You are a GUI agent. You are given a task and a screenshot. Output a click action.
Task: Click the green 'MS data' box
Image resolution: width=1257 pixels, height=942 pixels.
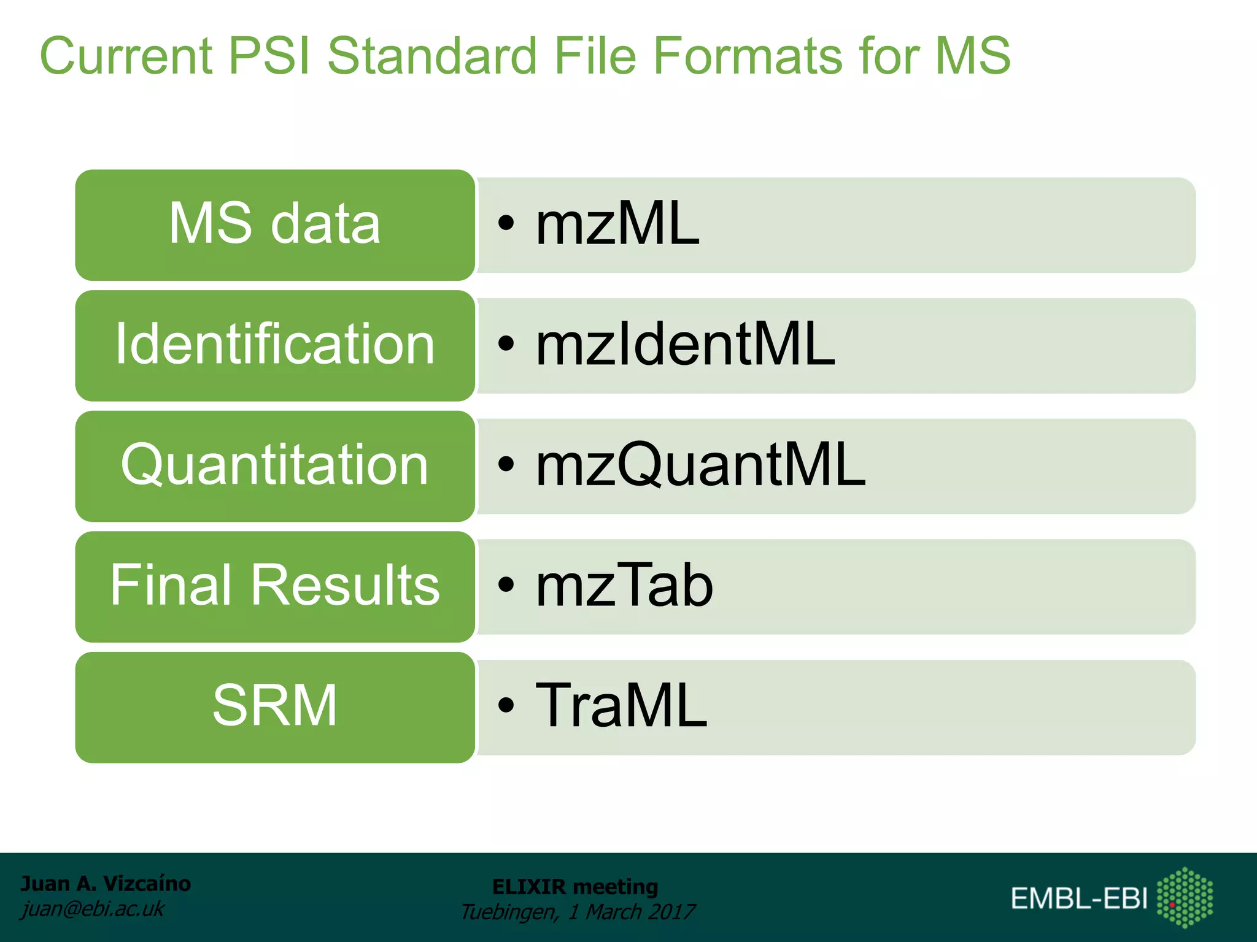tap(275, 224)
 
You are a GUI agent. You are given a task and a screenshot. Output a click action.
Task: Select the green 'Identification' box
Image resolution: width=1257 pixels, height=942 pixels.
tap(275, 345)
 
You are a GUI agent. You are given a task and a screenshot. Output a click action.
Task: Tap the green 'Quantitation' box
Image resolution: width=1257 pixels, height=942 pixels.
tap(275, 465)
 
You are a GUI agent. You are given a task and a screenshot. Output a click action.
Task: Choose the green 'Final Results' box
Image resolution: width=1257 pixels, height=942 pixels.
tap(275, 586)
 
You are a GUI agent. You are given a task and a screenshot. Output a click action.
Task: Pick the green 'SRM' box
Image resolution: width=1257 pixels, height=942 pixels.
tap(275, 706)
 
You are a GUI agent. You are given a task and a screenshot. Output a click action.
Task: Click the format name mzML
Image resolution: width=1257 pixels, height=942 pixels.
tap(617, 224)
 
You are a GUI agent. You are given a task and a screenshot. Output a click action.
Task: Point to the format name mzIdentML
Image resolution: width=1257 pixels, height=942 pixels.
tap(685, 345)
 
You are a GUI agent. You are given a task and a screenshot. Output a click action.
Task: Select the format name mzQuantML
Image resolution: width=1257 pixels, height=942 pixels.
tap(700, 465)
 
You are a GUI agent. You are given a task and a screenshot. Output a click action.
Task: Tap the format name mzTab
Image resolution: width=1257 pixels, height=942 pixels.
tap(624, 586)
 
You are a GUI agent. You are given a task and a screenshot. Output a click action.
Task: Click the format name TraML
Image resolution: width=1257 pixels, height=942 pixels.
tap(621, 706)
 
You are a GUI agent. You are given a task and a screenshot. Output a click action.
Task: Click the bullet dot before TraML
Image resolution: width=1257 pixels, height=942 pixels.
tap(505, 705)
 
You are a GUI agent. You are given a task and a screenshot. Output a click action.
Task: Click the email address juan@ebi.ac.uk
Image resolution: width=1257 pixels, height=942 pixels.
tap(93, 908)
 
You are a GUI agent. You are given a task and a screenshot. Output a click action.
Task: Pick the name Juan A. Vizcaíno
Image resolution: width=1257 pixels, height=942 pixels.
tap(106, 883)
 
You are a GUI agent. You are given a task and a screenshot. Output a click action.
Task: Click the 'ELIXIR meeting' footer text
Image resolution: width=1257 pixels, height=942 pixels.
tap(575, 886)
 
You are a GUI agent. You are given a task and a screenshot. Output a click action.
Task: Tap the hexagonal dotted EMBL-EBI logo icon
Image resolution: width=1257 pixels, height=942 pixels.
tap(1184, 897)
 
